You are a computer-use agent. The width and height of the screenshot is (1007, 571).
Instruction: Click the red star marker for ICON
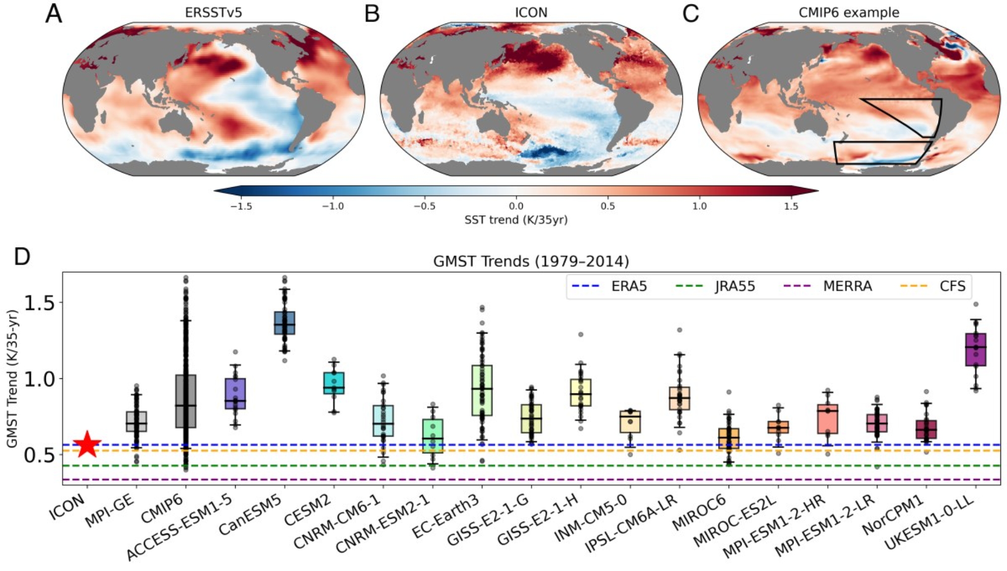tap(87, 444)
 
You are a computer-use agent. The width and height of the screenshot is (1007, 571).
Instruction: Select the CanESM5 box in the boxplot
tap(284, 323)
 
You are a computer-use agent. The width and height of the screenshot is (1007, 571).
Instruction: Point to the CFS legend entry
tap(933, 286)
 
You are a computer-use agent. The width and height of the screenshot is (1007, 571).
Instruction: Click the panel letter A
tap(54, 14)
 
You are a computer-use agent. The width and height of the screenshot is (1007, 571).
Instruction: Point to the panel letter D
tap(22, 256)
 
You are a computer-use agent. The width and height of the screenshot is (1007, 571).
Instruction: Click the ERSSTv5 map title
tap(213, 13)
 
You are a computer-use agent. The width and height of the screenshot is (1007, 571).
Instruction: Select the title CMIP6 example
tap(849, 13)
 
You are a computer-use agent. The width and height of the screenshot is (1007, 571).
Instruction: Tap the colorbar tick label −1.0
tap(333, 206)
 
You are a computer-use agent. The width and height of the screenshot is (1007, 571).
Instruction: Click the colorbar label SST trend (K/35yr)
tap(516, 220)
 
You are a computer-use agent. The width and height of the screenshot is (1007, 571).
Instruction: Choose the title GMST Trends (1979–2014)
tap(531, 262)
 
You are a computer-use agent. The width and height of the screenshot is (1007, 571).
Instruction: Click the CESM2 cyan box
tap(334, 383)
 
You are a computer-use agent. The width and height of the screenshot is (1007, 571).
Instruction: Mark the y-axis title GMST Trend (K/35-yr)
tap(12, 378)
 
